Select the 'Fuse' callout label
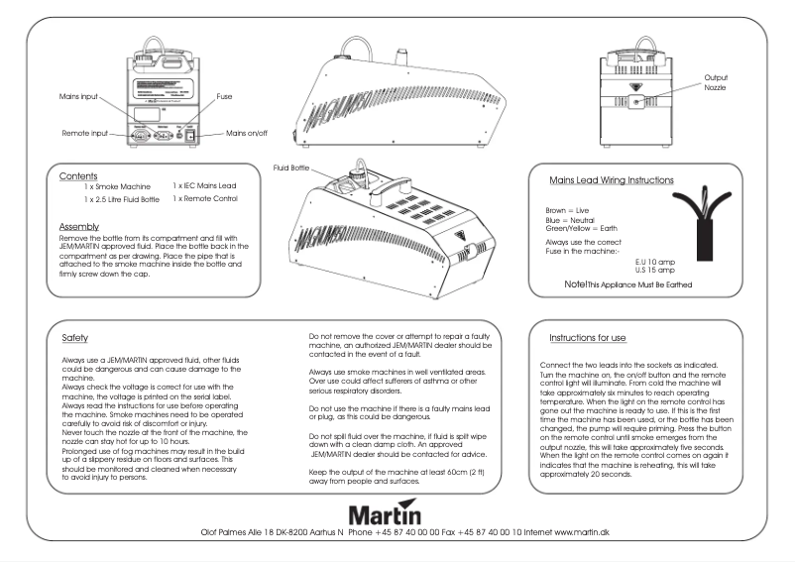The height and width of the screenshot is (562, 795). [x=224, y=97]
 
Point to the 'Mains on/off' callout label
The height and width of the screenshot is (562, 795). [x=250, y=132]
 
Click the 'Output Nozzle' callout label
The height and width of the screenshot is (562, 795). [x=718, y=81]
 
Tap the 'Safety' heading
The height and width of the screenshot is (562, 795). [x=74, y=336]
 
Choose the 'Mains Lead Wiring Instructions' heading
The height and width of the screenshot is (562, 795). [x=612, y=181]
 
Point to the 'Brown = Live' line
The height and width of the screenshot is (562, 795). [x=568, y=211]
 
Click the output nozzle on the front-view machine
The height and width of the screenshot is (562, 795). [x=638, y=101]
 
